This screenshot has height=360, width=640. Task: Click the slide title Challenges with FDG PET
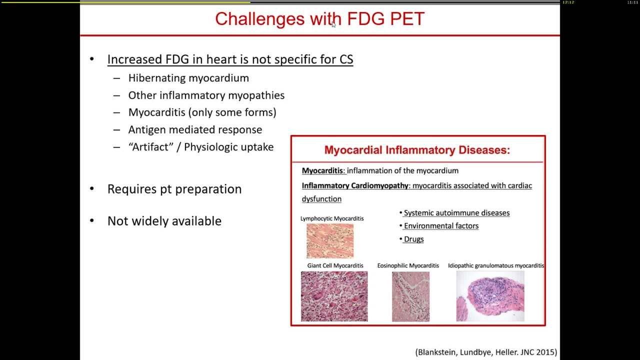319,19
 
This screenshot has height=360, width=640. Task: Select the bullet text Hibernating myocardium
188,78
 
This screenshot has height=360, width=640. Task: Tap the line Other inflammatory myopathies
206,95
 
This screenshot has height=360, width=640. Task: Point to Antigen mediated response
195,130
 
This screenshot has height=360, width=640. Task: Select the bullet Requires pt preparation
174,189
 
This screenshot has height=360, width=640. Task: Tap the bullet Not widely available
164,221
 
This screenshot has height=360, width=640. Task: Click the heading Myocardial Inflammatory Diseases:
417,150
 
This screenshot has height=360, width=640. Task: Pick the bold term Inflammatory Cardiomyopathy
355,185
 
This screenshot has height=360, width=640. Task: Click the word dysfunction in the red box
321,199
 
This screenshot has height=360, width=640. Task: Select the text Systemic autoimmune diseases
456,213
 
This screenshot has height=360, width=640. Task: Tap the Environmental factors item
441,226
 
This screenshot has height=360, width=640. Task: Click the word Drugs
413,239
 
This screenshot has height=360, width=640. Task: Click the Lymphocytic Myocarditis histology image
330,241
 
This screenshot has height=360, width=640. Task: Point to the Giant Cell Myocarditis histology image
334,296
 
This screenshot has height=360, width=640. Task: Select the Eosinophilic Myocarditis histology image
410,296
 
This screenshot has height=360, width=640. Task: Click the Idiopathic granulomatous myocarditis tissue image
490,296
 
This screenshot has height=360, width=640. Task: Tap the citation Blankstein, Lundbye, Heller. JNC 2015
486,352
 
